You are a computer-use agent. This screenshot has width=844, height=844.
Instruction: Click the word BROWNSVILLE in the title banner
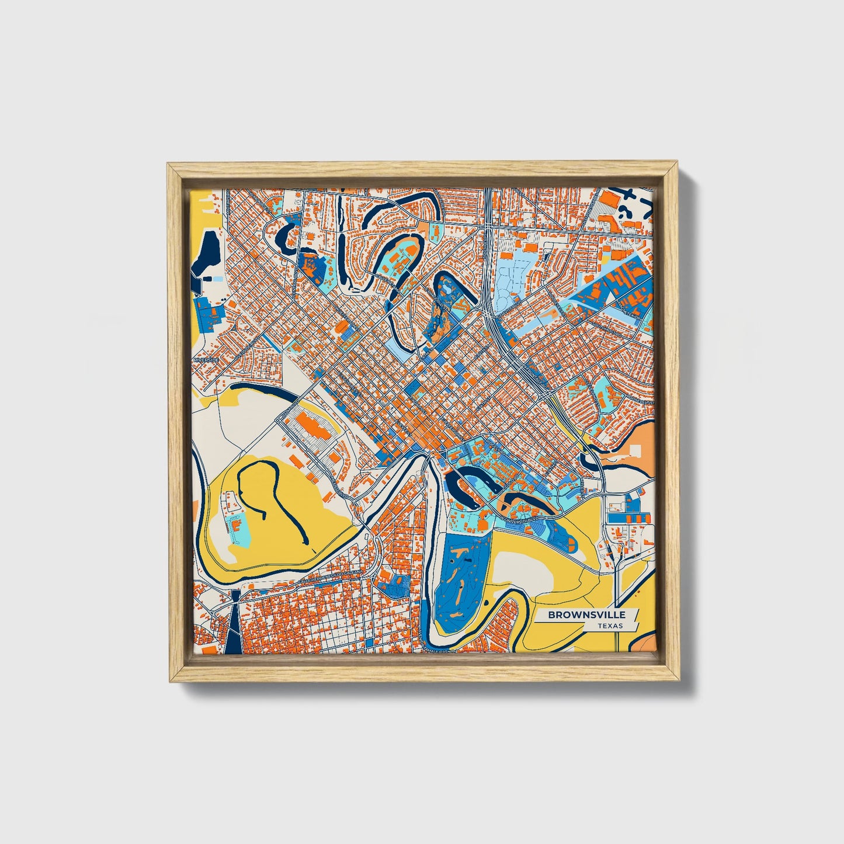click(586, 614)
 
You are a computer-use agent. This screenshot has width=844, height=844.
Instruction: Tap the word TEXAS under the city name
click(610, 626)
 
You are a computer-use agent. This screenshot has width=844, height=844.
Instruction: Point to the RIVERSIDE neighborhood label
click(207, 360)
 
